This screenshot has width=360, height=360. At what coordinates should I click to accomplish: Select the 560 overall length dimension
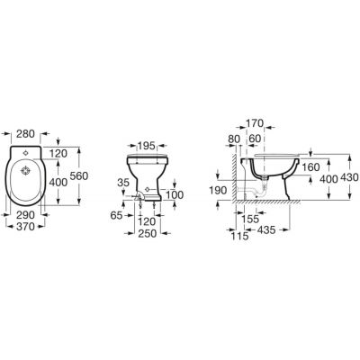tap(78, 177)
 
